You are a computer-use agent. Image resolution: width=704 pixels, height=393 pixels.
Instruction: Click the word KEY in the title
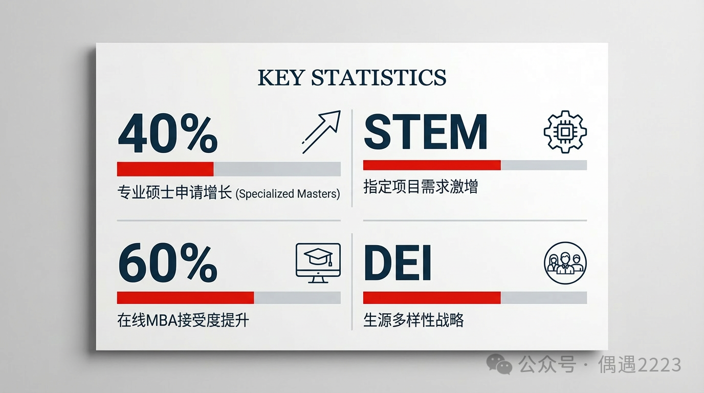coord(281,78)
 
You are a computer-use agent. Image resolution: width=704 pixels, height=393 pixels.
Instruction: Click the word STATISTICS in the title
coord(379,78)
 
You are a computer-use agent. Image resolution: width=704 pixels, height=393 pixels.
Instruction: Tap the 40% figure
coord(167,134)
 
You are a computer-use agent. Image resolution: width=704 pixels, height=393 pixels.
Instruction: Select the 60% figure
coord(167,263)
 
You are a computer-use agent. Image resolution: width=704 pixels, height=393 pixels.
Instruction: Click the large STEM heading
coord(425,132)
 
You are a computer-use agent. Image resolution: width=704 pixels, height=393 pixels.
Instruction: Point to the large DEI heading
coord(397,263)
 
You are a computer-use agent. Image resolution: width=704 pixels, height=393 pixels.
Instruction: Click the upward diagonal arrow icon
coord(321,132)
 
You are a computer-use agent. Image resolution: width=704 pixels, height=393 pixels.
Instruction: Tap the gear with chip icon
coord(565,132)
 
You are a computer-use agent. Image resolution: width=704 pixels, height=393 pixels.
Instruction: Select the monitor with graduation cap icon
coord(318,264)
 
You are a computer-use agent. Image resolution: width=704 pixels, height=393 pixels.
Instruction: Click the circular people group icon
coord(565,263)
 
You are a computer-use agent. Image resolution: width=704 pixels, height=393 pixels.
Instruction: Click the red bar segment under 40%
coord(165,169)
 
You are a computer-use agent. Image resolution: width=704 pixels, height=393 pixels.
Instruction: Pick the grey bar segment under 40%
coord(277,169)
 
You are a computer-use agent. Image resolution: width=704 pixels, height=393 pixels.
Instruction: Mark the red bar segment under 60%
coord(185,297)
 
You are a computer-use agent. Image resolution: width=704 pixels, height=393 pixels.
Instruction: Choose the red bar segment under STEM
coord(432,165)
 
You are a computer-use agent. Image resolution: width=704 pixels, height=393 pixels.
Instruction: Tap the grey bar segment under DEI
coord(544,297)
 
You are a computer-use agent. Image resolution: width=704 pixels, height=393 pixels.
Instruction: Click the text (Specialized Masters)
coord(288,193)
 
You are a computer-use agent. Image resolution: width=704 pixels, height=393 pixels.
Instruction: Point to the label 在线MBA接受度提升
coord(183,320)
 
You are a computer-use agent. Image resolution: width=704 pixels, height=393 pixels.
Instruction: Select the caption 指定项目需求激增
coord(421,186)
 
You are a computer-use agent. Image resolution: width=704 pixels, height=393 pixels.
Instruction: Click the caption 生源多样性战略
coord(413,320)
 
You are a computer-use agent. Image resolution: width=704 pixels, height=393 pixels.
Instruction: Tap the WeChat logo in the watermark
coord(499,364)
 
